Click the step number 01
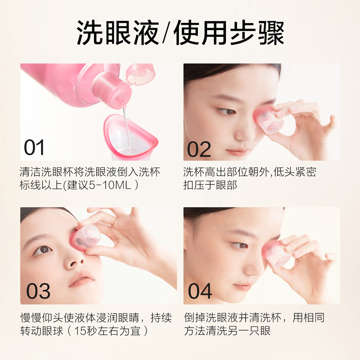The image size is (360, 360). point(35,147)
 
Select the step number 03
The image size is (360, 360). point(38,291)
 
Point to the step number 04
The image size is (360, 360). point(200,291)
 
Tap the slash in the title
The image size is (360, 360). point(167,33)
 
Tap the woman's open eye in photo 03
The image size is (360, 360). point(43,250)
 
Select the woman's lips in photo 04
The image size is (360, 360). point(243,286)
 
